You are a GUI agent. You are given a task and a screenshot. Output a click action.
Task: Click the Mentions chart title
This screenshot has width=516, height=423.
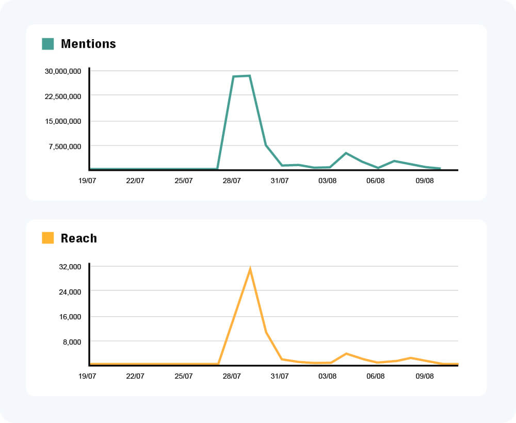(x=88, y=44)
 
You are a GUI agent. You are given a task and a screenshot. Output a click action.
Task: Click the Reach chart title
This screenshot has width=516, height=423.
(x=78, y=238)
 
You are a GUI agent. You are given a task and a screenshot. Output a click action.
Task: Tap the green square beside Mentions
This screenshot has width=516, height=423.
(x=48, y=44)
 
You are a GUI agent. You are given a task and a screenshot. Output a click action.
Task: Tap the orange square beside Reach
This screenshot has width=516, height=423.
(x=48, y=238)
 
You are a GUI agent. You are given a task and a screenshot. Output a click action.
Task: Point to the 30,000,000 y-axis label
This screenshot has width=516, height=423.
(x=62, y=71)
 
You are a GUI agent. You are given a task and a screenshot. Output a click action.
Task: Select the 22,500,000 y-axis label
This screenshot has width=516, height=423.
(x=62, y=96)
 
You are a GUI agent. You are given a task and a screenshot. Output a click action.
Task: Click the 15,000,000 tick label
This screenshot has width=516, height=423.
(x=62, y=121)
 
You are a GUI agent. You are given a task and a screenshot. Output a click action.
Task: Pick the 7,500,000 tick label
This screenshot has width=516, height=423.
(x=64, y=147)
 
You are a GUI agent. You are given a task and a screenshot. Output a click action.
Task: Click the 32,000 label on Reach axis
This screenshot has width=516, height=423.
(x=71, y=267)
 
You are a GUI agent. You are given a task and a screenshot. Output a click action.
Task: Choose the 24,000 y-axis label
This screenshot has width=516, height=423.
(x=71, y=292)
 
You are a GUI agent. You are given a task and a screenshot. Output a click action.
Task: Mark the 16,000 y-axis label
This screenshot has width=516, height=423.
(x=71, y=317)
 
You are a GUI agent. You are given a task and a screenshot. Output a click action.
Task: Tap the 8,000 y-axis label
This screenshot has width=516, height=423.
(x=72, y=341)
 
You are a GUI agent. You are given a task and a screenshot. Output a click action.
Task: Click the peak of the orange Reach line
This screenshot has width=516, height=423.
(x=250, y=269)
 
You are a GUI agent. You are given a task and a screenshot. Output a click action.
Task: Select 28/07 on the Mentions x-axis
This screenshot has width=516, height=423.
(x=232, y=181)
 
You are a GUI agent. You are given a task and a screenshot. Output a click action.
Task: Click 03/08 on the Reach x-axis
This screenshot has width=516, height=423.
(x=328, y=376)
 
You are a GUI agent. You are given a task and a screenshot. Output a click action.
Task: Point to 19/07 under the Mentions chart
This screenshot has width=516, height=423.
(x=87, y=181)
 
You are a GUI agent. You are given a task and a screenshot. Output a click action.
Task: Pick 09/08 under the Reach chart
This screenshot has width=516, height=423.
(x=424, y=376)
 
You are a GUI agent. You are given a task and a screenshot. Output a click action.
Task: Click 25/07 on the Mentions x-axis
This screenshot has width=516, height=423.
(x=184, y=181)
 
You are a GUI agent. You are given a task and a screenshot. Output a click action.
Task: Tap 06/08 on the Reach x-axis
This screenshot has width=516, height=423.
(x=376, y=376)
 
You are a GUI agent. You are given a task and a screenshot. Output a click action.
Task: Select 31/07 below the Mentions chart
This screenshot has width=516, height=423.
(x=280, y=181)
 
